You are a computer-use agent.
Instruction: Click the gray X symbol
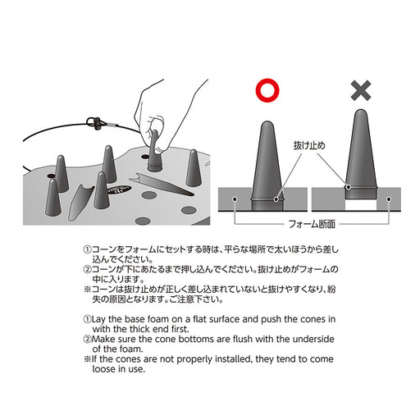[x=361, y=90]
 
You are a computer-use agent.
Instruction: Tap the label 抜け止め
[x=309, y=145]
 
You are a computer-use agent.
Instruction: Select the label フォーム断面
[x=312, y=224]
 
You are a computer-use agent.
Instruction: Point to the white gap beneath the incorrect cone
[x=361, y=204]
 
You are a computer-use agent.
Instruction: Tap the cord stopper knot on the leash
[x=96, y=122]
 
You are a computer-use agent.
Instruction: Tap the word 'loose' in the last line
[x=104, y=369]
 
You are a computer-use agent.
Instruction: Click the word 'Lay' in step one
[x=98, y=319]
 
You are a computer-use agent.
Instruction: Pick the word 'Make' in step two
[x=103, y=339]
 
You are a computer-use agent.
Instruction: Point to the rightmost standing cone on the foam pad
[x=194, y=168]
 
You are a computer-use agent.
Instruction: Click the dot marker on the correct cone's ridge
[x=276, y=199]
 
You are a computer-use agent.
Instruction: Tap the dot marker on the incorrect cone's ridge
[x=349, y=187]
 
